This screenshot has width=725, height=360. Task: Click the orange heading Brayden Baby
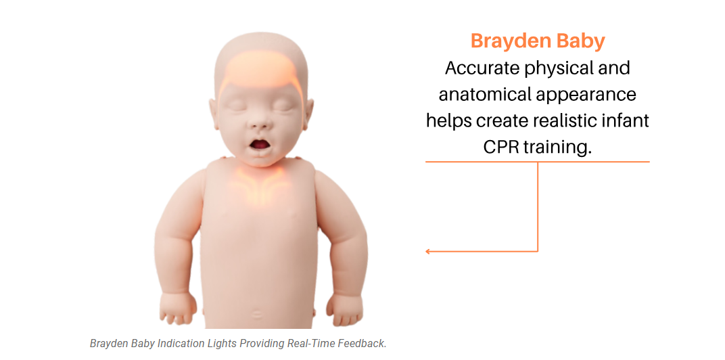(538, 41)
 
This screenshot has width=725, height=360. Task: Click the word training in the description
(559, 147)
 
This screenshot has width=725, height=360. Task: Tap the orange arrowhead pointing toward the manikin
(428, 252)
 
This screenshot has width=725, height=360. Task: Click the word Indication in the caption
(181, 343)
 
